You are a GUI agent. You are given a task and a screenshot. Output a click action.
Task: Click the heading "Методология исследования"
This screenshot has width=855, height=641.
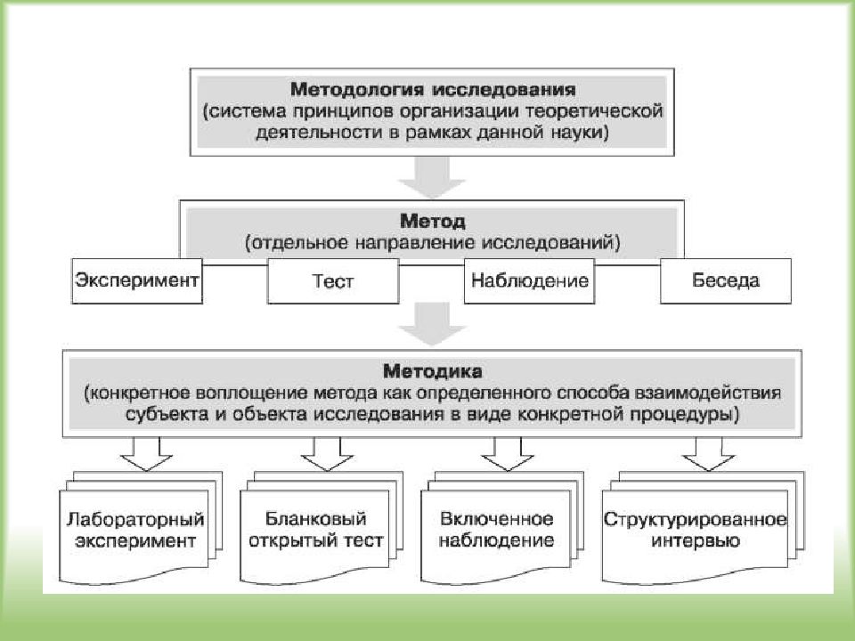click(x=433, y=89)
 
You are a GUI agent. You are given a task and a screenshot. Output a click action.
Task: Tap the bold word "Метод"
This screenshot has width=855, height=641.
click(x=433, y=222)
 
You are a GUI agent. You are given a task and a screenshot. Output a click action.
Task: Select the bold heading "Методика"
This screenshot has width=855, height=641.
click(x=433, y=372)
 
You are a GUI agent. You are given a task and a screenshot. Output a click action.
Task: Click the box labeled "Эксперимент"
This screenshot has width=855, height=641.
click(x=137, y=280)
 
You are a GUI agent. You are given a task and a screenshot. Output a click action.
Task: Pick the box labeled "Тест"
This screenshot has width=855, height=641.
click(x=333, y=280)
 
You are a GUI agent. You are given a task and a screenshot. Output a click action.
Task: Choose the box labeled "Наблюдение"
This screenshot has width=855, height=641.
click(x=529, y=280)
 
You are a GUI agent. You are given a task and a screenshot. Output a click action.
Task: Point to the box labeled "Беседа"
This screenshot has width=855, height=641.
click(x=726, y=280)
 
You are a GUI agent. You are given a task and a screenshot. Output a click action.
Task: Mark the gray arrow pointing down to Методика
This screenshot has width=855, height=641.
click(x=433, y=325)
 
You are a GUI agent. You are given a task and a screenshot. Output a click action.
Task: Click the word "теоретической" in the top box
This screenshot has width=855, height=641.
click(x=594, y=112)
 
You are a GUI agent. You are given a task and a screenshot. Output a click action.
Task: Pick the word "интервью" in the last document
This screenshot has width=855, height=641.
click(x=696, y=541)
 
